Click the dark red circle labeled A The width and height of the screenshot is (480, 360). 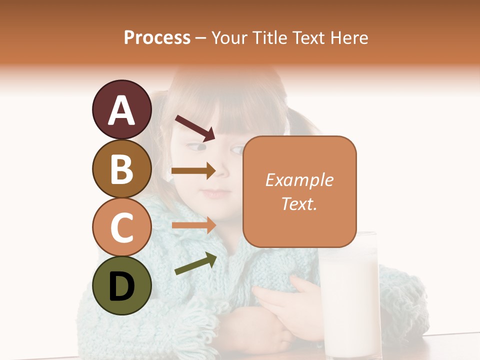(x=121, y=109)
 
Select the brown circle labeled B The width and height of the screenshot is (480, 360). (x=121, y=168)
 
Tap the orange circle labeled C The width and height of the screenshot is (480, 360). (x=121, y=227)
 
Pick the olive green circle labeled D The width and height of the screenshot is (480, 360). (x=121, y=285)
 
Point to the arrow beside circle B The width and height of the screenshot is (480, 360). (x=193, y=171)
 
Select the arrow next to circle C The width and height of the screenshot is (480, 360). (x=193, y=225)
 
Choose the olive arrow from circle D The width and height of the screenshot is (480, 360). (x=195, y=263)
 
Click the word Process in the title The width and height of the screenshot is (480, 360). (x=157, y=37)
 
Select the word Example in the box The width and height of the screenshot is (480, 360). (x=299, y=180)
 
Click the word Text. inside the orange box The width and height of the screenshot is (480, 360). (x=299, y=203)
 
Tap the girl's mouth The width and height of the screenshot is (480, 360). (x=216, y=192)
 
